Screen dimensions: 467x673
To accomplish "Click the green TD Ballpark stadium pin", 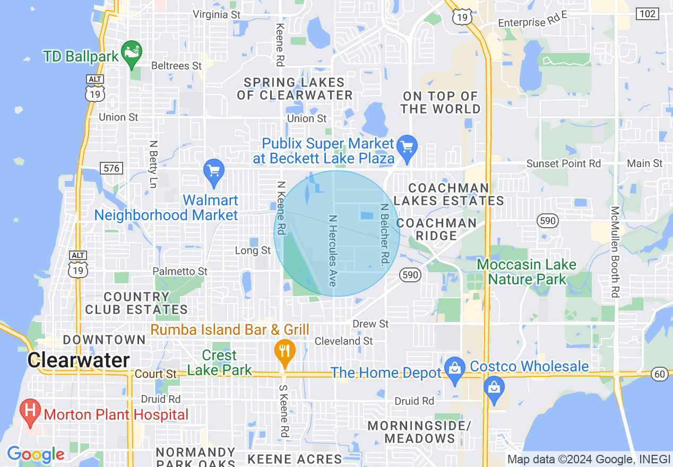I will [x=131, y=53].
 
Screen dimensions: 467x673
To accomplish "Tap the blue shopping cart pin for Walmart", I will [x=214, y=172].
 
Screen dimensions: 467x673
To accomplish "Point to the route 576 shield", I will [x=113, y=169].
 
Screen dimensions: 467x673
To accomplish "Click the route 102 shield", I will [x=648, y=14].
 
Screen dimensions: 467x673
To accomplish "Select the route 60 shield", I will [x=660, y=374].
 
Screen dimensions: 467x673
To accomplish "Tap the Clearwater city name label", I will [x=79, y=360].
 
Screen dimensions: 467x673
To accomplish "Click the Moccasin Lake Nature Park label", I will [x=527, y=272].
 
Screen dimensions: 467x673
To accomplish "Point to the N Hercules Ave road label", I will [x=333, y=250].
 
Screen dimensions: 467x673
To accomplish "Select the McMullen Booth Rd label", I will [x=615, y=251].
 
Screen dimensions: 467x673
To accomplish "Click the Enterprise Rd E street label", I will [x=532, y=22].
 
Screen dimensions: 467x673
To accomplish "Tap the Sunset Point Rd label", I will [x=563, y=163].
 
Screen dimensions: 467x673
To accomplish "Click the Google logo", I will [x=36, y=455].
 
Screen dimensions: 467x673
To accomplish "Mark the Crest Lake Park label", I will [x=220, y=363].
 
